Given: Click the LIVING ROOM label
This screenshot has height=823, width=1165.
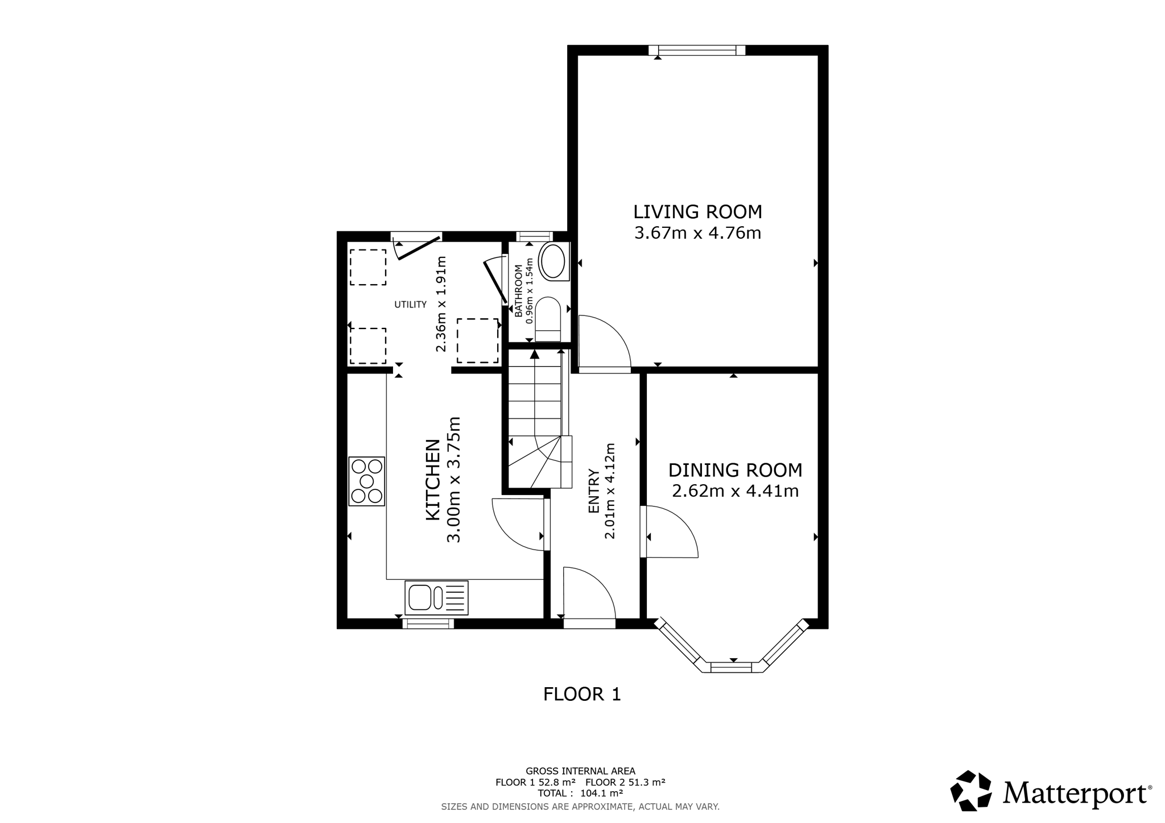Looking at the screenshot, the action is click(x=697, y=212).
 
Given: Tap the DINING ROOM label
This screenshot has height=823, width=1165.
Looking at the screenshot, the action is click(x=735, y=471).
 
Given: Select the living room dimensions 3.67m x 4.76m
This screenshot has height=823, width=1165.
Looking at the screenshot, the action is click(x=697, y=233).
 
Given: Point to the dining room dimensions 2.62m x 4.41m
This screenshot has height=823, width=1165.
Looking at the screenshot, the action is click(x=735, y=491).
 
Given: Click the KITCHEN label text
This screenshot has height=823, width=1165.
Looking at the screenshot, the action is click(x=433, y=480).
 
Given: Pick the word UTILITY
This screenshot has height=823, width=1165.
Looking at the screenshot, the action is click(x=411, y=305).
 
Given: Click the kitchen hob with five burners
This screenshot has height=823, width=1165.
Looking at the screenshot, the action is click(x=367, y=481).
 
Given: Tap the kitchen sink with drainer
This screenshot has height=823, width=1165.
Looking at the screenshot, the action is click(x=436, y=597).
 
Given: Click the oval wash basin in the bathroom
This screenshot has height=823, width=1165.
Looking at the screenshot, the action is click(x=552, y=262).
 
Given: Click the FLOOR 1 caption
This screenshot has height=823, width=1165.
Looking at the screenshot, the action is click(x=582, y=694).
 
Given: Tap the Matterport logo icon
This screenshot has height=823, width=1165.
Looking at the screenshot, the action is click(x=971, y=791).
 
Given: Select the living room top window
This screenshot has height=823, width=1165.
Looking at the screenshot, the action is click(x=697, y=51).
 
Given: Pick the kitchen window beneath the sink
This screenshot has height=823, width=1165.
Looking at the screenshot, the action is click(x=428, y=624).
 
